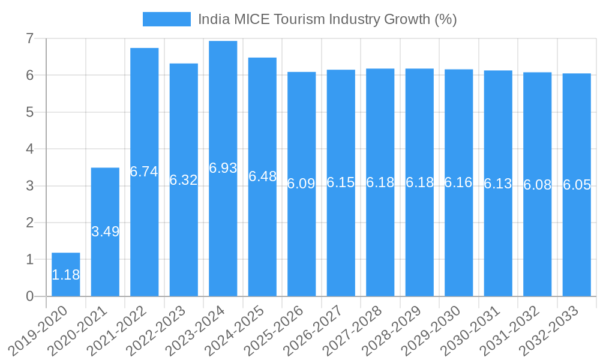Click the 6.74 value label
click(x=144, y=172)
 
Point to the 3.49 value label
click(x=105, y=232)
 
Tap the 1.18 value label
click(x=66, y=275)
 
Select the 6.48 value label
click(x=262, y=176)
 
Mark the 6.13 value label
click(x=498, y=184)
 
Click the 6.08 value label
click(x=537, y=185)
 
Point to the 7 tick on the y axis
click(x=29, y=38)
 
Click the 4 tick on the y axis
click(x=29, y=149)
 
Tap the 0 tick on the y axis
click(x=29, y=296)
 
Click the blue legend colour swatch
click(x=166, y=19)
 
